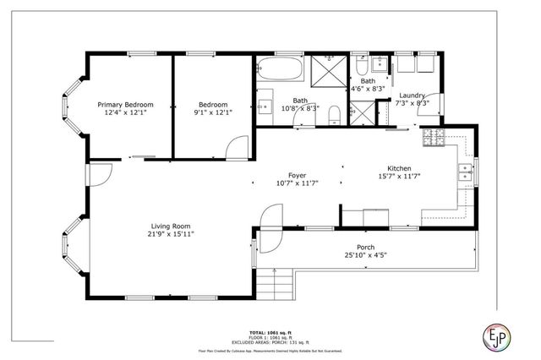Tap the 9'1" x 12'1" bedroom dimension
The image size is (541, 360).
214,111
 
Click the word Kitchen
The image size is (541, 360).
398,167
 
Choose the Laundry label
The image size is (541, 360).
412,95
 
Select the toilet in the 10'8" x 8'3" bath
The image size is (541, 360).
336,112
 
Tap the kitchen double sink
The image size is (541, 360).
464,173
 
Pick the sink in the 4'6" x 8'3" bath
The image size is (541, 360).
379,65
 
